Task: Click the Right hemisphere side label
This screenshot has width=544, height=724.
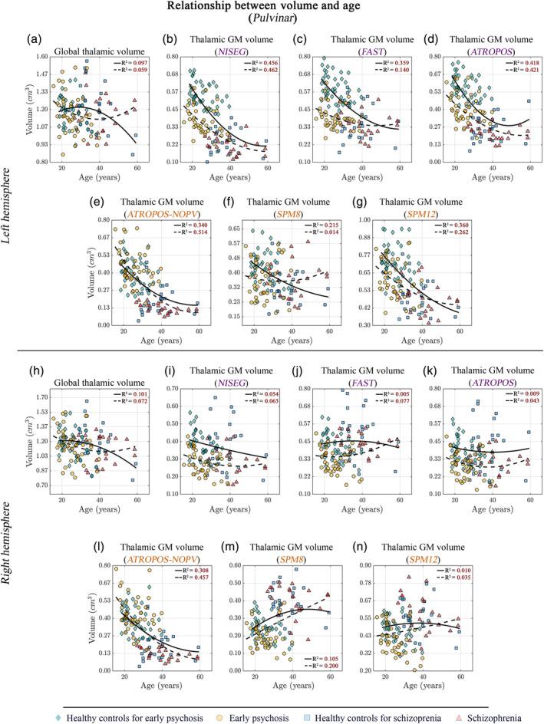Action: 8,522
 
